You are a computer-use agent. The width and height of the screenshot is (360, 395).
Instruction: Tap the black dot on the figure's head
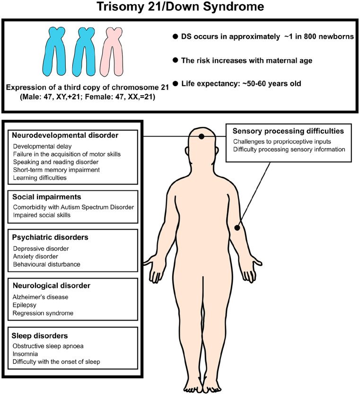point(202,136)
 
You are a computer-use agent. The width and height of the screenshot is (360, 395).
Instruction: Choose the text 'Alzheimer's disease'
point(41,297)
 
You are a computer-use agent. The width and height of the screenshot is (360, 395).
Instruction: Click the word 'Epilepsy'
point(25,305)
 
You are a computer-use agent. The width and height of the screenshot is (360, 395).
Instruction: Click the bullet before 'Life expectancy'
point(176,84)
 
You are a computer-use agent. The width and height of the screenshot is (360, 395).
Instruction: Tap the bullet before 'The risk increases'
point(176,60)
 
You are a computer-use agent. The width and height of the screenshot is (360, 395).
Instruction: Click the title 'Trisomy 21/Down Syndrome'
point(180,8)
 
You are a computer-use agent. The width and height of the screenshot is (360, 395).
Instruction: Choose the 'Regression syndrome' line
point(43,314)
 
